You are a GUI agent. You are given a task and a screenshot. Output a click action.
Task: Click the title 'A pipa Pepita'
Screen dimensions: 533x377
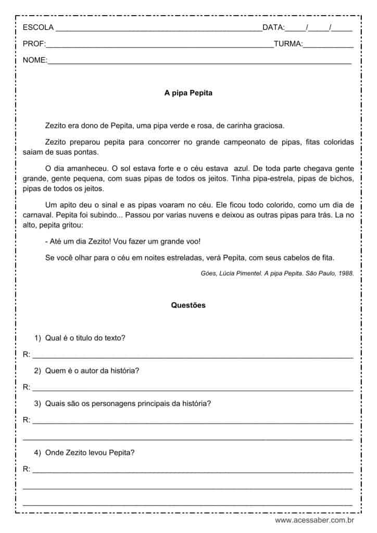pos(188,94)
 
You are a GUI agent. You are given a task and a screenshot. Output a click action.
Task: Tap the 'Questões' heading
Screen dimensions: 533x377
pos(188,306)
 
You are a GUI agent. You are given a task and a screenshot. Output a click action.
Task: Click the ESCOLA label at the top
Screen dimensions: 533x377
pos(37,28)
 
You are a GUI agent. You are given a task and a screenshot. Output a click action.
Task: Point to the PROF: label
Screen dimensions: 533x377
pos(34,44)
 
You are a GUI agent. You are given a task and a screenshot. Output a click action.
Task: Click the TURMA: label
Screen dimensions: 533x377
pos(288,44)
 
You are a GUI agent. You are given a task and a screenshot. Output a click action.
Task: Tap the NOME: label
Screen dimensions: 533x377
pos(35,61)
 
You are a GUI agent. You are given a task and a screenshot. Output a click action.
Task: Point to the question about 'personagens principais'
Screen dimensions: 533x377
pos(128,403)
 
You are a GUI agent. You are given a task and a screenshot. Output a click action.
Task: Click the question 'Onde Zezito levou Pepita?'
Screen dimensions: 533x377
pos(90,453)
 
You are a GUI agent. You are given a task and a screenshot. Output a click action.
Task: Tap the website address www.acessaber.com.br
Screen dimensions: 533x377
pos(315,520)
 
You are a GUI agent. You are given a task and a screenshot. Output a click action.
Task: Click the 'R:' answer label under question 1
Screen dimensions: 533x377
pos(27,355)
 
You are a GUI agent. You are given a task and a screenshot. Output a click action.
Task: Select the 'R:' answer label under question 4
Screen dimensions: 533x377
pos(27,469)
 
